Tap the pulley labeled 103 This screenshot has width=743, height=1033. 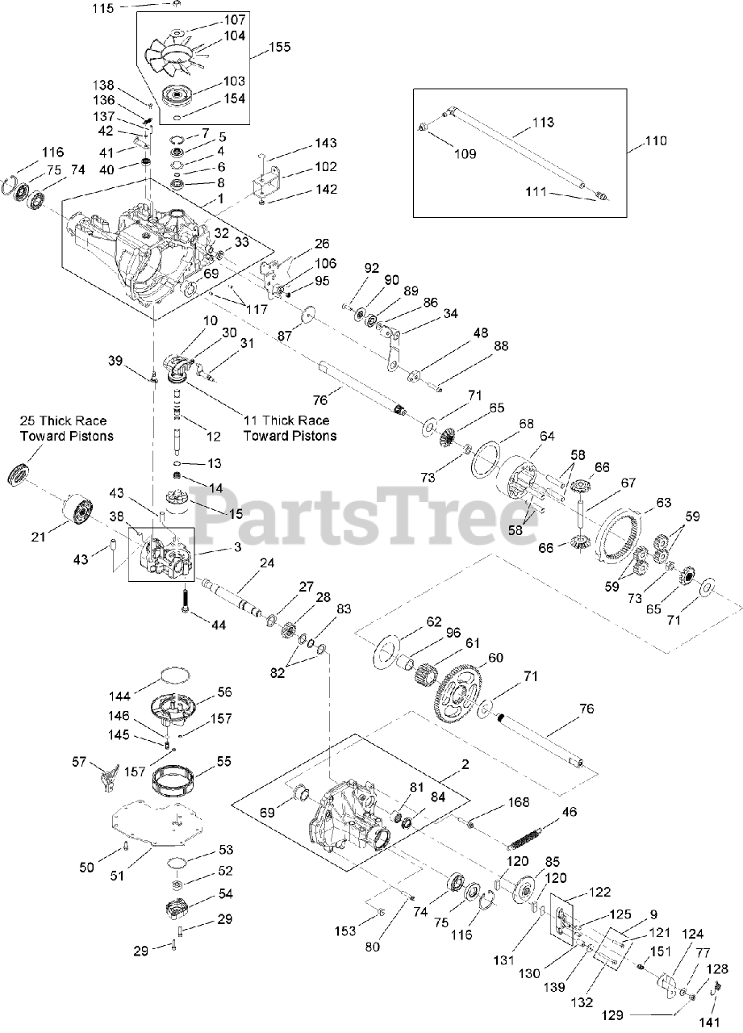(x=178, y=95)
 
